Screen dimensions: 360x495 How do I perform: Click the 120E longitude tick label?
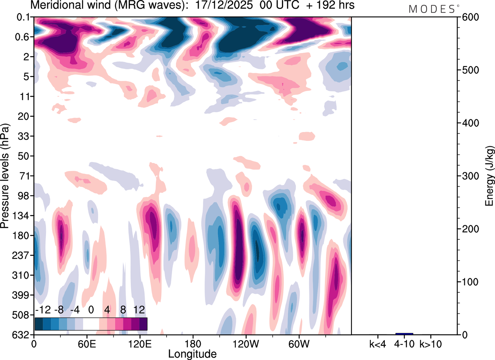pos(140,344)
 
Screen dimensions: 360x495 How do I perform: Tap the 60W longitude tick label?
pos(299,344)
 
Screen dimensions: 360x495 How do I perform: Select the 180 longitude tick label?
pos(193,344)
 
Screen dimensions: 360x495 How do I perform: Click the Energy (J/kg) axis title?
pos(490,176)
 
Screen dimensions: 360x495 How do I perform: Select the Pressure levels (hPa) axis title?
pos(5,176)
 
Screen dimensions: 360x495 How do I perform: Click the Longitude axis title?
pos(192,353)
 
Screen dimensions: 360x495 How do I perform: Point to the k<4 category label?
pos(378,344)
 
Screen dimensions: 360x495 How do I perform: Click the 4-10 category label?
pos(404,344)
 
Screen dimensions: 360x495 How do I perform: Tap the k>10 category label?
pos(430,344)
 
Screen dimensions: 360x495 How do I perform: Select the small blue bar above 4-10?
pos(404,334)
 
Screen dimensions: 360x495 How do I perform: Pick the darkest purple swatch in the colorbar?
pos(143,324)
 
